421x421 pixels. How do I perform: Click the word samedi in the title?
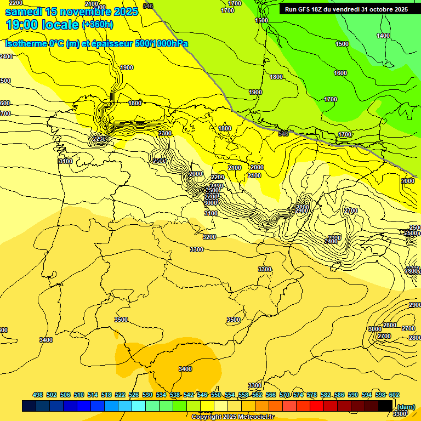tap(24, 12)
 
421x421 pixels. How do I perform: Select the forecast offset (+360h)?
tap(98, 25)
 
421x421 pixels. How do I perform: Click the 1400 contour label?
tap(383, 36)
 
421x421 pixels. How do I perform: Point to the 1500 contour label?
tap(342, 44)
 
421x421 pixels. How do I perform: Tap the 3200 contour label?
tap(209, 237)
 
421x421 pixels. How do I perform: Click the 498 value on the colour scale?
tap(38, 395)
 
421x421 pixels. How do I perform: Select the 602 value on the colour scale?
tap(394, 395)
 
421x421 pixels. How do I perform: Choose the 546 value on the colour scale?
tap(202, 395)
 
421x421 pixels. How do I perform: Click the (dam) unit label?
tap(406, 406)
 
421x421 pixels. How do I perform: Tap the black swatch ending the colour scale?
tap(385, 406)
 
